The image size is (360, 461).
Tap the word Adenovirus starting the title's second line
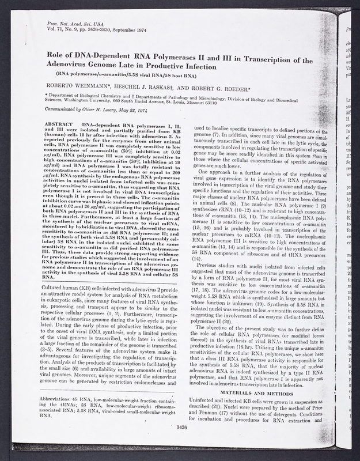(65, 64)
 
